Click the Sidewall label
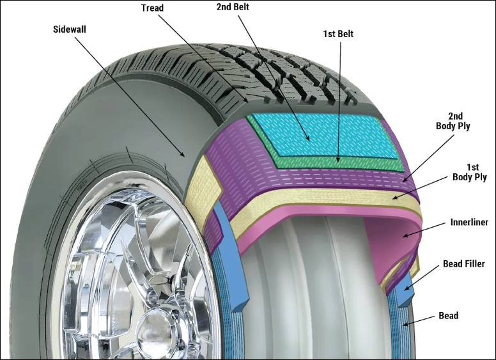[x=69, y=29]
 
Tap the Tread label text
[x=152, y=8]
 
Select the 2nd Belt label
[x=233, y=7]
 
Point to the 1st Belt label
[x=338, y=33]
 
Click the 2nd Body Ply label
[x=453, y=121]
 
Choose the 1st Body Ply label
[x=470, y=172]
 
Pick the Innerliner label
[x=469, y=222]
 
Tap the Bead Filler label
[x=464, y=263]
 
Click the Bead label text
[x=448, y=315]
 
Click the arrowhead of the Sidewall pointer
[x=182, y=154]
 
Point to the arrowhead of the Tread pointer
[x=246, y=100]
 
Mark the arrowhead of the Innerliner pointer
[x=405, y=235]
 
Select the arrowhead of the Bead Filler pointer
[x=407, y=288]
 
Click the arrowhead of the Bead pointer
[x=406, y=324]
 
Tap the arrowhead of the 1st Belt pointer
[x=339, y=159]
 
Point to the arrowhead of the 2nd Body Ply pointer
[x=405, y=180]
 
